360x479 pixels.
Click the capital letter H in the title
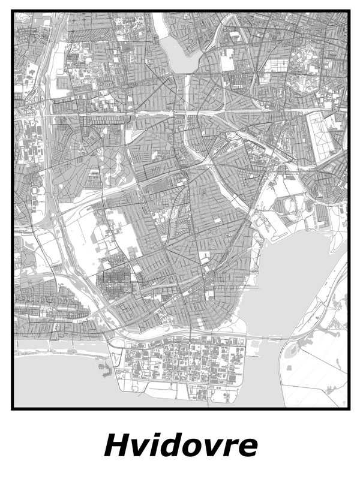[118, 445]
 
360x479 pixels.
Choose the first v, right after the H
[141, 448]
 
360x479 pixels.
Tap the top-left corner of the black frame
[13, 11]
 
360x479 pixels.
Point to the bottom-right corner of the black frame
[348, 409]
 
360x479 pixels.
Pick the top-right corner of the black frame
[348, 11]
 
